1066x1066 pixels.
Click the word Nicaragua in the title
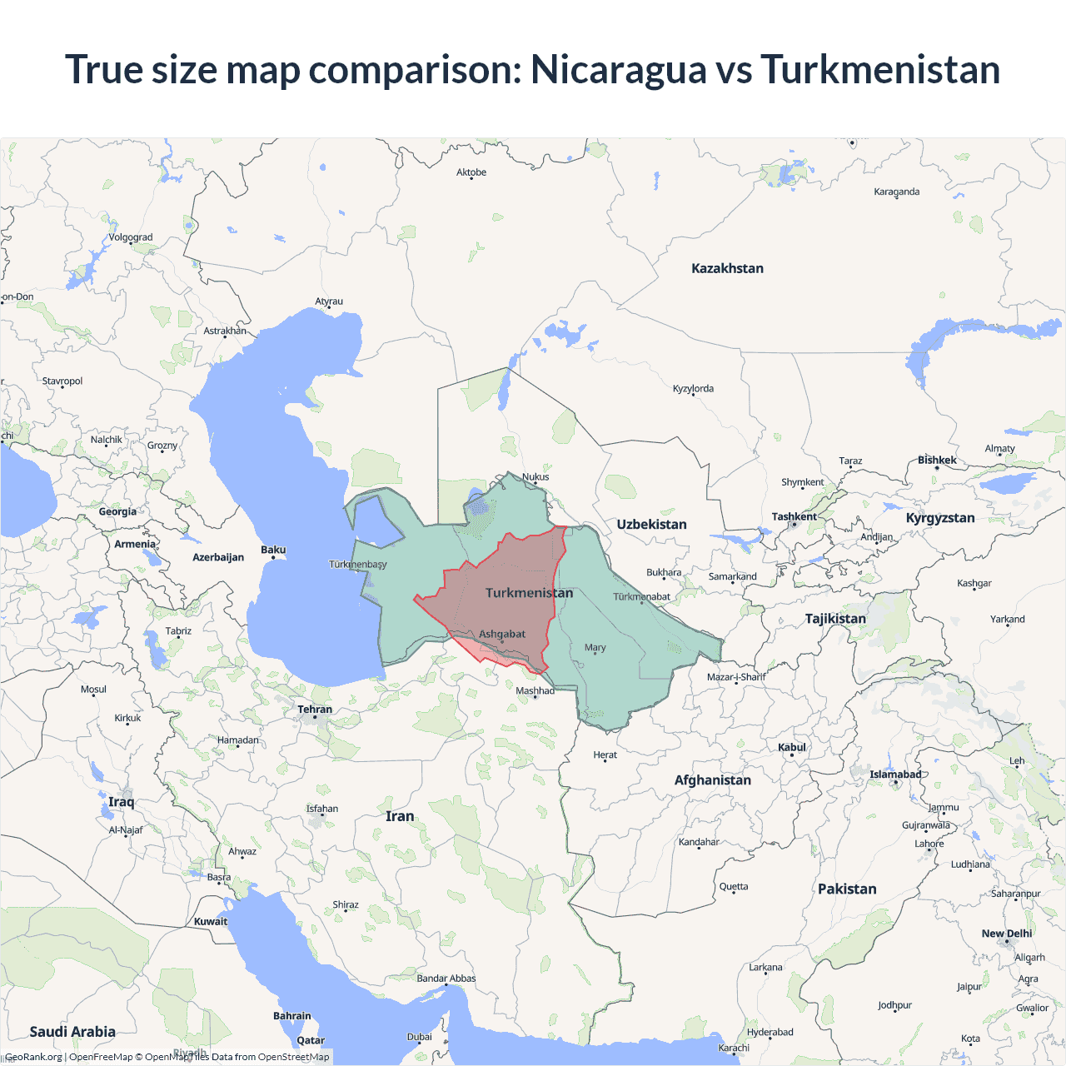618,69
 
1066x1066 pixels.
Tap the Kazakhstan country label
727,268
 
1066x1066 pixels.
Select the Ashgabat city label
502,634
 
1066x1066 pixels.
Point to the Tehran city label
315,710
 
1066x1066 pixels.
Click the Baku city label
273,550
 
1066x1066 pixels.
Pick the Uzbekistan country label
651,524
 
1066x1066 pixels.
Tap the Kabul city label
792,747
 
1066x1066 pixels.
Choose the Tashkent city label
794,516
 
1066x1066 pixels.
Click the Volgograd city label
131,237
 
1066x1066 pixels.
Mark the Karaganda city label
896,192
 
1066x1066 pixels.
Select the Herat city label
605,755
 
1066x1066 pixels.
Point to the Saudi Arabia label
72,1032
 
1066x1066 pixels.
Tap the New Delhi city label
1006,934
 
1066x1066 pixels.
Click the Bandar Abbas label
446,979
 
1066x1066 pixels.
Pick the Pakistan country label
847,889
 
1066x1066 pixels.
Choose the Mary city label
595,647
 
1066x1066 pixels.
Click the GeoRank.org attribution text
33,1057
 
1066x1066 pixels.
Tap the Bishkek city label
937,460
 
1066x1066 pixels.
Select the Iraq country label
121,802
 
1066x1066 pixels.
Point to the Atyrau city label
329,301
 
